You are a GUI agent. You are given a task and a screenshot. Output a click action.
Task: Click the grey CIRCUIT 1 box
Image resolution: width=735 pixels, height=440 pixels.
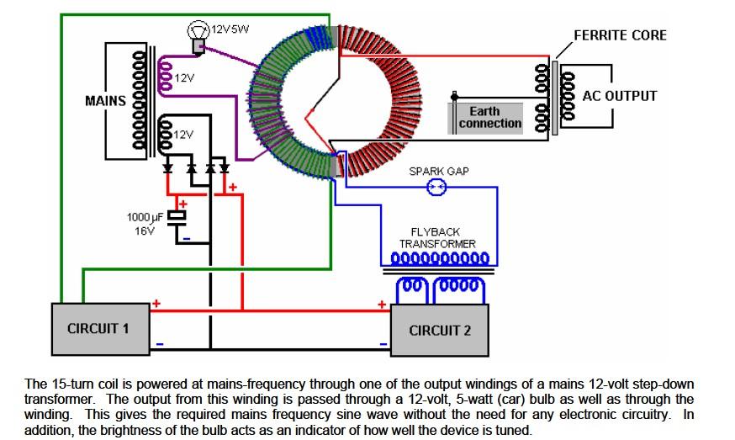click(x=100, y=329)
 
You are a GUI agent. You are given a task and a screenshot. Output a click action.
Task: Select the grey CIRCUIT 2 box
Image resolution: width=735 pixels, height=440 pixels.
click(x=440, y=331)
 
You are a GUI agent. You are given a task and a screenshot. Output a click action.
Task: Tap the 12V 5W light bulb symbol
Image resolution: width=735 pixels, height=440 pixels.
click(x=198, y=36)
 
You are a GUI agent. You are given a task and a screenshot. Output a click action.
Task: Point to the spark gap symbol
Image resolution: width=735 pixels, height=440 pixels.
click(x=436, y=187)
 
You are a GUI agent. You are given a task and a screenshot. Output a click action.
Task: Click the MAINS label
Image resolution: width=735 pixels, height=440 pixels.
click(x=105, y=101)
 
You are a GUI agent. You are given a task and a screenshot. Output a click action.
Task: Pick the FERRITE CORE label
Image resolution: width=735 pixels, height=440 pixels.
click(x=620, y=35)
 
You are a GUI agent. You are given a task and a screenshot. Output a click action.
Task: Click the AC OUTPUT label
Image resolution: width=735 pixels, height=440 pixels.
click(x=620, y=96)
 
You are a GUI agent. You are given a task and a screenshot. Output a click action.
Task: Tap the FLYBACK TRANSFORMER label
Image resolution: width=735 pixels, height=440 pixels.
click(x=436, y=238)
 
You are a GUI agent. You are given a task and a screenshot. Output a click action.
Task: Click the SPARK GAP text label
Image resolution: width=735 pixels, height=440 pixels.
click(x=439, y=172)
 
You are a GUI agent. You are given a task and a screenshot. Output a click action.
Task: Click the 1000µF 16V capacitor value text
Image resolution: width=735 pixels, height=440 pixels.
click(x=145, y=224)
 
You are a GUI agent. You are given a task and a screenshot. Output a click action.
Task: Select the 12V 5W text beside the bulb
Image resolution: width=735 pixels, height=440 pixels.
click(x=230, y=29)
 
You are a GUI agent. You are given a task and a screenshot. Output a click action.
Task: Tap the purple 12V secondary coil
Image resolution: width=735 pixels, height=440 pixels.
click(x=166, y=75)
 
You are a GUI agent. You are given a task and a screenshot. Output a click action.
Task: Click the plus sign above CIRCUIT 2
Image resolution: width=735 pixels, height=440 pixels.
click(x=382, y=305)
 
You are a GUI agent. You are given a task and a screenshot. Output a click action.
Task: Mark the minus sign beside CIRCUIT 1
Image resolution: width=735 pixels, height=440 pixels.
click(x=160, y=344)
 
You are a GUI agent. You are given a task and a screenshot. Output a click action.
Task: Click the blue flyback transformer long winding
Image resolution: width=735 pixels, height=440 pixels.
click(x=440, y=258)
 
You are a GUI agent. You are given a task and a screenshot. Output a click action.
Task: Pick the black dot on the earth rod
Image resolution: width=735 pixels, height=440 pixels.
click(x=454, y=97)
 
